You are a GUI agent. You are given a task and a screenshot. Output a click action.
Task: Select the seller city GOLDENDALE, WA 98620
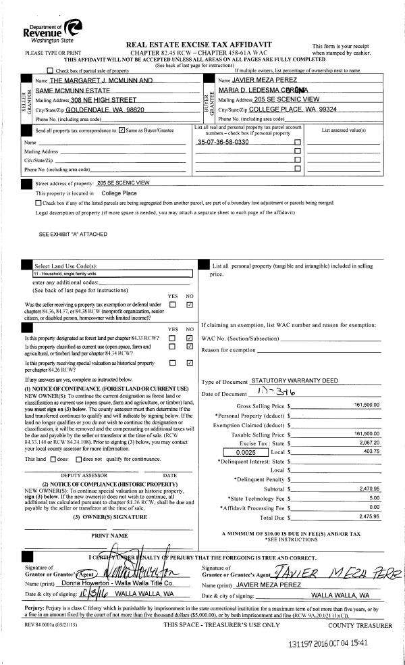click(x=107, y=109)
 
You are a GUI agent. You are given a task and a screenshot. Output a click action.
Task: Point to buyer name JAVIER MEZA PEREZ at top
click(x=263, y=80)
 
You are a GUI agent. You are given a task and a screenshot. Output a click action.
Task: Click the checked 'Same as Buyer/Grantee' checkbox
click(x=121, y=130)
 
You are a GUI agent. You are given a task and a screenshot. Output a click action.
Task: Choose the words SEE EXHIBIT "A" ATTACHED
click(x=72, y=234)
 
